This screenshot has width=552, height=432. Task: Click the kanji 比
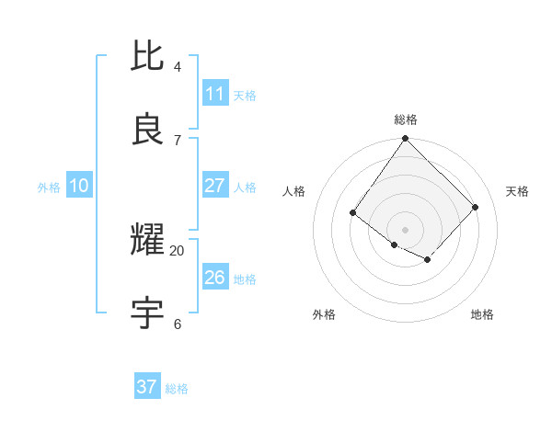(148, 56)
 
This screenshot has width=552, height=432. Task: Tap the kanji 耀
(148, 242)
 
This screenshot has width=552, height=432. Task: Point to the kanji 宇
(148, 313)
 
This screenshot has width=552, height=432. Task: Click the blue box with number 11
(215, 94)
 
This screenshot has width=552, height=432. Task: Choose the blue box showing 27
(215, 186)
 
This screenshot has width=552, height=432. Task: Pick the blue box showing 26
(215, 278)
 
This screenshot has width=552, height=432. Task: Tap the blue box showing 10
(78, 186)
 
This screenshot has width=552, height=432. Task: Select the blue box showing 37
(147, 387)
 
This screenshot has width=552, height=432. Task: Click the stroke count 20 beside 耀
(178, 250)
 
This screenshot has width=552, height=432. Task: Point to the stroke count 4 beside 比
(178, 67)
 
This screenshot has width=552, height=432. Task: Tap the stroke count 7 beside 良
(178, 140)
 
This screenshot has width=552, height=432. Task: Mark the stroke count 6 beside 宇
(178, 324)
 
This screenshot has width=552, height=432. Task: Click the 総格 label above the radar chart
(406, 119)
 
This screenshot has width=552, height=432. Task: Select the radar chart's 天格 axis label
(518, 191)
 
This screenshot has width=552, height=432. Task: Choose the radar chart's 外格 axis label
(324, 314)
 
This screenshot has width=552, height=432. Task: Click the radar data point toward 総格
(406, 139)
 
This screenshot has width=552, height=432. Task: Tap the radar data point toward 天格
(476, 207)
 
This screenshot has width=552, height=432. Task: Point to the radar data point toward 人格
(353, 213)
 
